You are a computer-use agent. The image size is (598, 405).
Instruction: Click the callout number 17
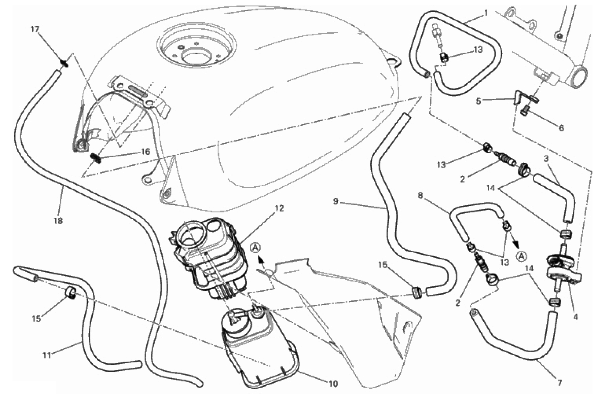[35, 29]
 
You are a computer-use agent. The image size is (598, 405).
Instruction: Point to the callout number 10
[333, 383]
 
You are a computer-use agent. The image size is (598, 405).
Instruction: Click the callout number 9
[336, 201]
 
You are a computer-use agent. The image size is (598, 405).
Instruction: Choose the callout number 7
[560, 383]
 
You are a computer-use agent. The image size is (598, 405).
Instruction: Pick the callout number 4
[576, 316]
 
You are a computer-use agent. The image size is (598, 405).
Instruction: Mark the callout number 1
[486, 13]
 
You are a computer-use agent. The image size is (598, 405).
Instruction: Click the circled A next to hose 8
[521, 256]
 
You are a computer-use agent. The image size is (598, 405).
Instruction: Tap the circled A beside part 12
[256, 248]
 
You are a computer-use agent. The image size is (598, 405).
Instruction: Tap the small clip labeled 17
[65, 62]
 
